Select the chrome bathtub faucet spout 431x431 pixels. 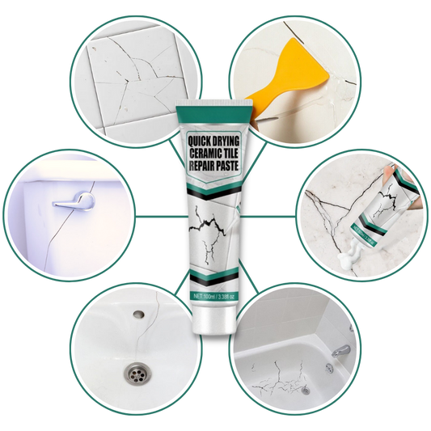click(x=340, y=351)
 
